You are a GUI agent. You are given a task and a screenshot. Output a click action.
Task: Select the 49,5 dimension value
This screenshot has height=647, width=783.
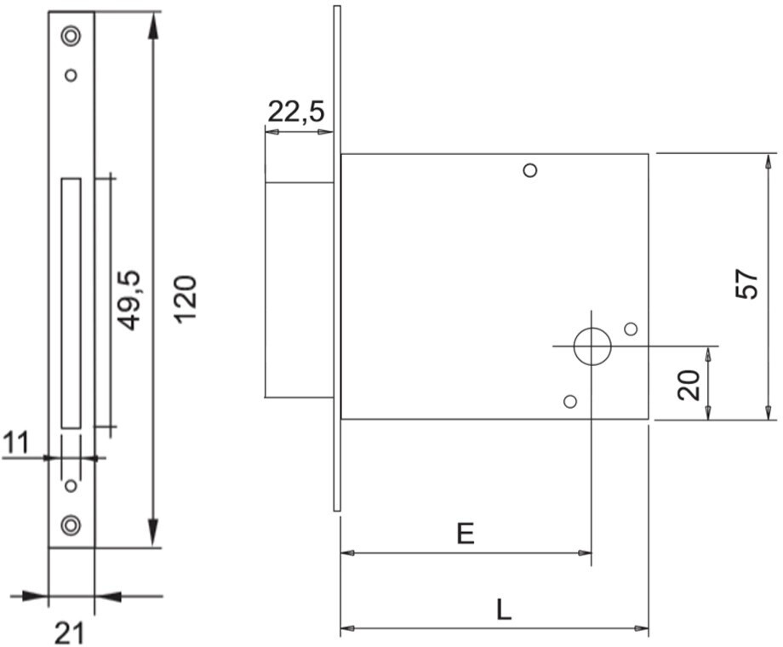(x=129, y=301)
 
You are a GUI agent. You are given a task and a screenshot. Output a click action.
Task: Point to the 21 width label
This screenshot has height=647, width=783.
(x=70, y=633)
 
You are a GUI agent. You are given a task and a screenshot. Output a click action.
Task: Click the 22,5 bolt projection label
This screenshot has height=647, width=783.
(x=296, y=112)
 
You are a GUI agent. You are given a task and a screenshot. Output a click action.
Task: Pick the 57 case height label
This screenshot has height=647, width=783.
(x=746, y=285)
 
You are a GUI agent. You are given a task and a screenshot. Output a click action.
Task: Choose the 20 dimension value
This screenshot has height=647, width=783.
(x=689, y=385)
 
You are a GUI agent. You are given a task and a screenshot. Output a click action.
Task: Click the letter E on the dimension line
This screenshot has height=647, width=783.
(x=466, y=534)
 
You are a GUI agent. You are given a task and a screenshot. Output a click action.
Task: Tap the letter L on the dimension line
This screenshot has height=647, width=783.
(x=504, y=610)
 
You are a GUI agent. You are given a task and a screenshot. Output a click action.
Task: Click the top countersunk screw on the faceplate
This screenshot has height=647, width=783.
(x=71, y=36)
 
